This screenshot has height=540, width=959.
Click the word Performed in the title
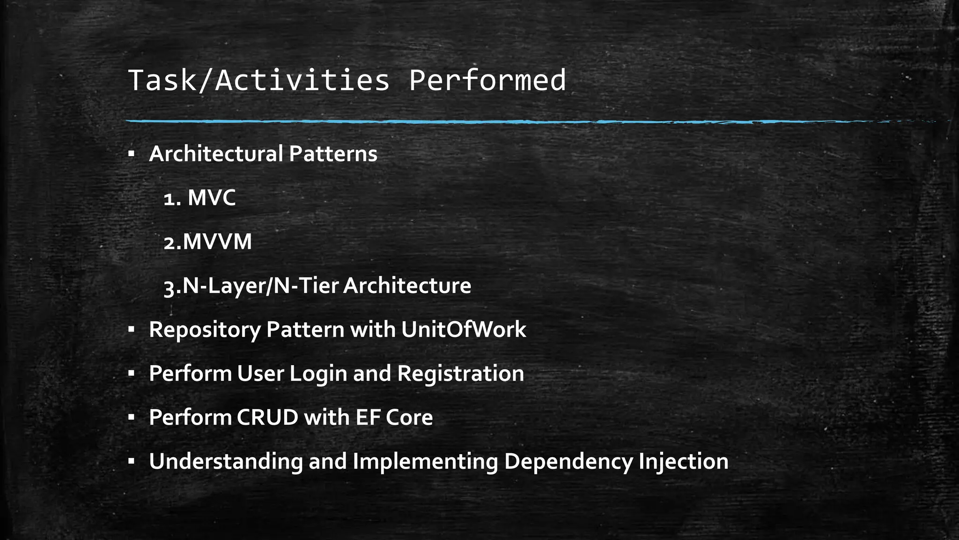click(487, 81)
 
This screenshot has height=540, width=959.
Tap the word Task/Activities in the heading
click(258, 81)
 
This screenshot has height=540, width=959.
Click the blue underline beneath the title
click(468, 122)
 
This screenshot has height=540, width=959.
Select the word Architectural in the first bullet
click(216, 154)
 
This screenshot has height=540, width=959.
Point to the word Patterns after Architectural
click(332, 154)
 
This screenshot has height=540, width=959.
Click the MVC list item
click(212, 198)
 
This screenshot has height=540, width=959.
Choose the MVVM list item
click(216, 242)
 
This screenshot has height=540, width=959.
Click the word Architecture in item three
click(406, 286)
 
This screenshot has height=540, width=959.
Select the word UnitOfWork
click(463, 330)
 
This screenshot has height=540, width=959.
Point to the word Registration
click(460, 374)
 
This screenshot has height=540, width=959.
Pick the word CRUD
click(267, 418)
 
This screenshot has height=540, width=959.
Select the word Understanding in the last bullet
click(226, 462)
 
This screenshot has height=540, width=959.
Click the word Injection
click(683, 462)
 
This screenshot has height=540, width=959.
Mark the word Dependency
click(568, 462)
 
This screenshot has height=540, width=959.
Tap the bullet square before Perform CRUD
click(131, 417)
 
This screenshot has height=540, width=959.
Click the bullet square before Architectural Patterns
click(131, 153)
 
